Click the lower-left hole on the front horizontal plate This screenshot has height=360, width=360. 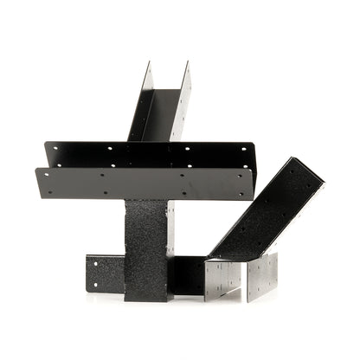coord(50,191)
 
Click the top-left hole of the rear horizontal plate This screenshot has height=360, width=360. coord(57,148)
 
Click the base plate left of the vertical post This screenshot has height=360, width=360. coord(104,273)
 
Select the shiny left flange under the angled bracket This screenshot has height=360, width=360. coord(222,279)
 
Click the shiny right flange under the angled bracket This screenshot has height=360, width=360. coord(262,277)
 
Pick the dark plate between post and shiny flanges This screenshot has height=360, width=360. coord(186,275)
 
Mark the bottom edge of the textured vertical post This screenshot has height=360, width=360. coord(145,299)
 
